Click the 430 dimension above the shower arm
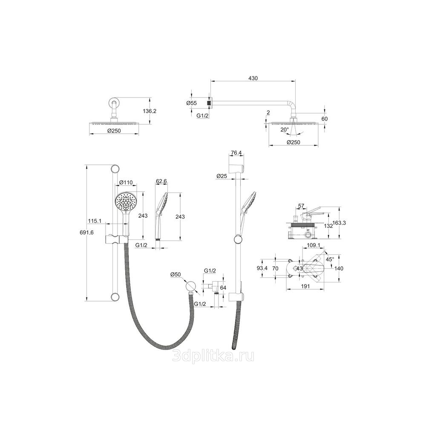click(253, 78)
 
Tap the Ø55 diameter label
click(191, 103)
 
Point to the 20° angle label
click(285, 129)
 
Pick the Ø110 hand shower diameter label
click(126, 182)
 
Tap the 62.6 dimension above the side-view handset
click(161, 181)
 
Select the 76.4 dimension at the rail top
click(236, 153)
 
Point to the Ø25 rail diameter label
click(222, 176)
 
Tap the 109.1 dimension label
click(313, 245)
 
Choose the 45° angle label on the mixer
click(330, 259)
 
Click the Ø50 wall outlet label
click(176, 275)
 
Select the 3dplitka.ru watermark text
click(213, 356)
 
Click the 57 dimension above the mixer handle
click(301, 206)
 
